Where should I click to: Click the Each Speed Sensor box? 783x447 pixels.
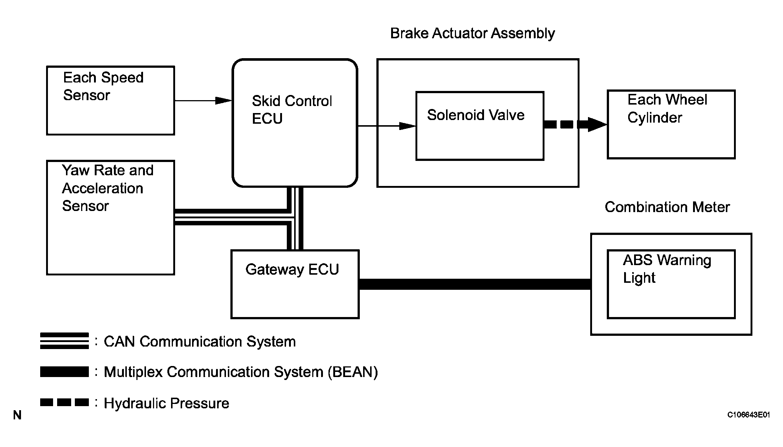click(x=110, y=101)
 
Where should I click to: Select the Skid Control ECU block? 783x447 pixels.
click(x=295, y=123)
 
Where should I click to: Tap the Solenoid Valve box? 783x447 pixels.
click(x=480, y=126)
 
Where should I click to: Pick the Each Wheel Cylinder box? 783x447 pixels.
click(x=671, y=124)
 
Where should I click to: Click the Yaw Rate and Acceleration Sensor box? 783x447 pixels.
click(x=110, y=218)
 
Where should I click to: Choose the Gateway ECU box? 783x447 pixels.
click(x=295, y=284)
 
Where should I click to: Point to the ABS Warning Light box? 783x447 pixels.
click(x=671, y=284)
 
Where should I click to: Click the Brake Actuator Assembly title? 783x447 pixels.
click(x=472, y=34)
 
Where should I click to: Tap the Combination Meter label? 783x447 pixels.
click(x=667, y=207)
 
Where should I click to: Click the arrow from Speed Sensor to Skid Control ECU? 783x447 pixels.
click(x=203, y=100)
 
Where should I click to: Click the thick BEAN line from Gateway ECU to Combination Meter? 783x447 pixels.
click(x=474, y=284)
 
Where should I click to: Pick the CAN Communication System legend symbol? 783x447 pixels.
click(x=65, y=341)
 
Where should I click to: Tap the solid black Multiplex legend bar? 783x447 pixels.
click(x=65, y=372)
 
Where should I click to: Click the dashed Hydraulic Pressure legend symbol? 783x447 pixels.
click(x=65, y=402)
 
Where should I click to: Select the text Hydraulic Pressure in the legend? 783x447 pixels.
click(x=166, y=404)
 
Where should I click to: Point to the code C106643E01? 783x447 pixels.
click(x=748, y=415)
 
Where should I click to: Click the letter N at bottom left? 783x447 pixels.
click(x=17, y=415)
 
